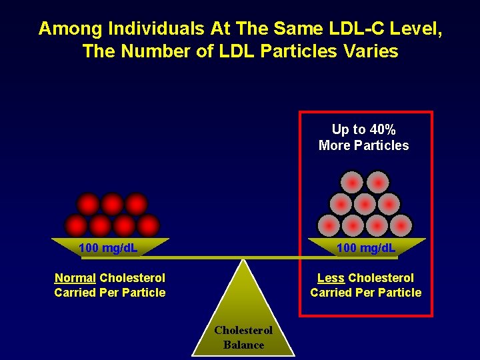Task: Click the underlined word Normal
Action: tap(75, 277)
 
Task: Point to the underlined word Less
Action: tap(331, 277)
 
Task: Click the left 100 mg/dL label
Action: tap(108, 249)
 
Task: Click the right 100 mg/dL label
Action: tap(366, 249)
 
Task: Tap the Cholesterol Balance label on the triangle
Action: tap(243, 337)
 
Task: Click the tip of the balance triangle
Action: tap(244, 260)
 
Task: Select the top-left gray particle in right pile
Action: tap(353, 182)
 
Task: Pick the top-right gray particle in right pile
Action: tap(377, 182)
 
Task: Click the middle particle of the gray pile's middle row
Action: tap(365, 203)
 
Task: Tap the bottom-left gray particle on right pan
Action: tap(329, 225)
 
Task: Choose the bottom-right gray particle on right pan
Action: tap(401, 225)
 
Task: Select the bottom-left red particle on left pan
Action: tap(76, 225)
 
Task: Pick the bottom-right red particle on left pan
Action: tap(148, 225)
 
